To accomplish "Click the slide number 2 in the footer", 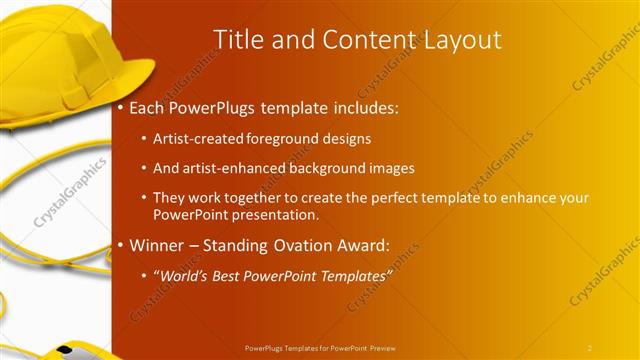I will [590, 348].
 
